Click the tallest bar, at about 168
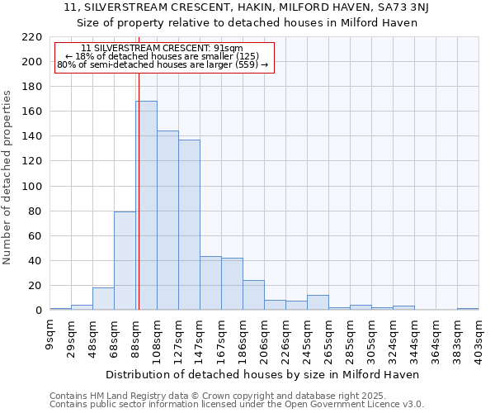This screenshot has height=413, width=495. [x=146, y=206]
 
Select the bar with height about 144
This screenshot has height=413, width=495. [x=167, y=221]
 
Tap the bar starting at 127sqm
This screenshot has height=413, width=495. [x=189, y=225]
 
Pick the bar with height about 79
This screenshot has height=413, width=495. [x=125, y=261]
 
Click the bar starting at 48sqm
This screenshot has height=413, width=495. [x=103, y=299]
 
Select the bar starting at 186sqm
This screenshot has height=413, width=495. [x=253, y=295]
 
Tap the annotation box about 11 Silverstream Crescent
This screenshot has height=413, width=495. [x=163, y=57]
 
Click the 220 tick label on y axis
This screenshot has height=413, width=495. [x=32, y=37]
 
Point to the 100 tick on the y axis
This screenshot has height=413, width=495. [x=32, y=187]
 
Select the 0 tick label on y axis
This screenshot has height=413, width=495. [x=38, y=311]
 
